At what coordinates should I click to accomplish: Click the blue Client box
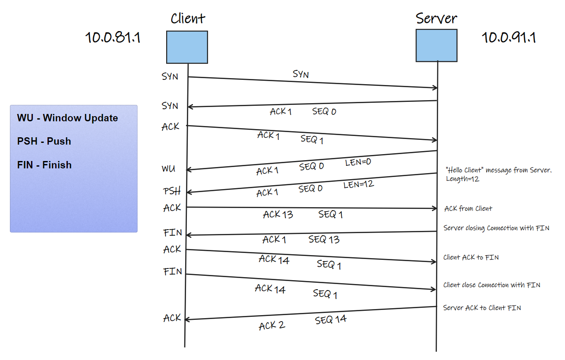187,47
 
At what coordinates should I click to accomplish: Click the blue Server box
436,45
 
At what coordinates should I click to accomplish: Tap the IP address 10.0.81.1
113,38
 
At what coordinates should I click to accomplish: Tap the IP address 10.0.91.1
508,38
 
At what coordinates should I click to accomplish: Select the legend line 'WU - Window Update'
67,118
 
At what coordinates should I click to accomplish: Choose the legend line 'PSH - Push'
44,141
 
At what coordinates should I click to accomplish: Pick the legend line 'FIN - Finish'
44,165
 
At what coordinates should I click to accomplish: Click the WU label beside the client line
168,169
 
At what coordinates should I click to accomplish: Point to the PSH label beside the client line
171,191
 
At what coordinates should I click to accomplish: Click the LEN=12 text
359,185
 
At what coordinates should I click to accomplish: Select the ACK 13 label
278,214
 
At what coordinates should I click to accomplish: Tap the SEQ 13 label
324,240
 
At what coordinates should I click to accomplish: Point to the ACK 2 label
272,325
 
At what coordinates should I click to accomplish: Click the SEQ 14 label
331,320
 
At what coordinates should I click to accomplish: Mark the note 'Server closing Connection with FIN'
496,228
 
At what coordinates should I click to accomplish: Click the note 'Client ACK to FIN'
471,257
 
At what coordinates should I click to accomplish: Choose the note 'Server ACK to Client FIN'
482,308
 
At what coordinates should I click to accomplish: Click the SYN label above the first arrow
301,74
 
